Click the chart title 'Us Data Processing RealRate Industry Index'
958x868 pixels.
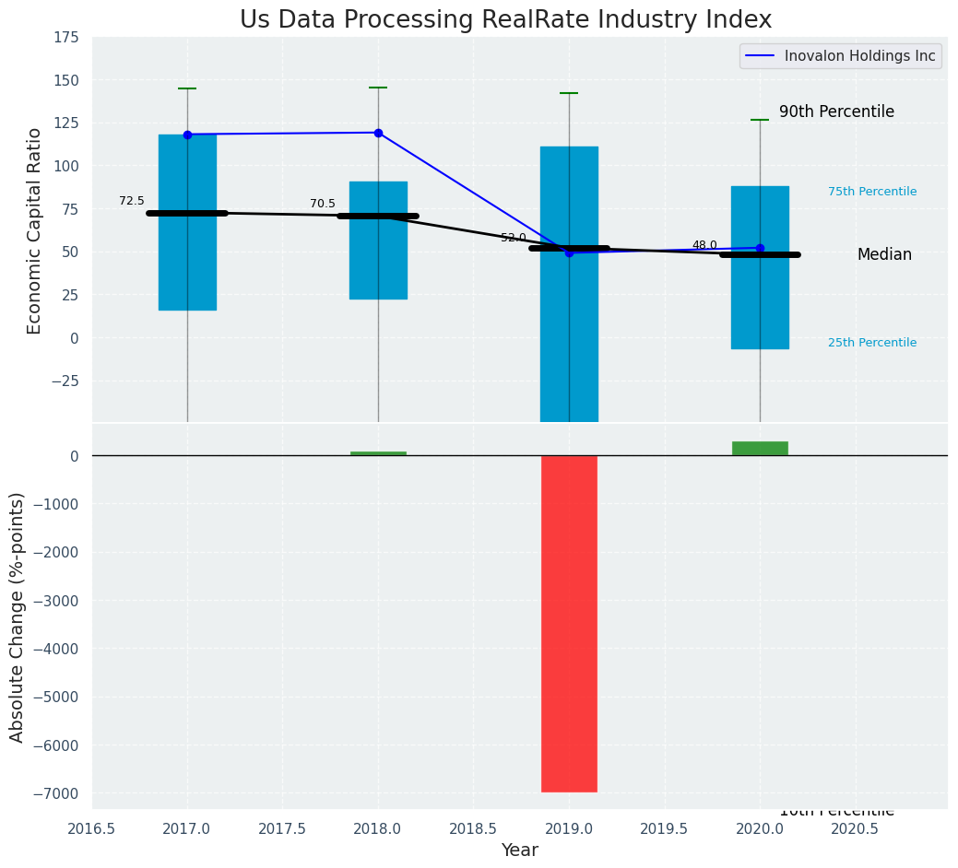[x=505, y=20]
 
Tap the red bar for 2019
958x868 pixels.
[x=569, y=623]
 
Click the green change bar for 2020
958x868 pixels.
[x=760, y=449]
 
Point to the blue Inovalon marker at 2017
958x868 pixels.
[x=187, y=135]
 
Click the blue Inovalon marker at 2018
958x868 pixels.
[x=378, y=133]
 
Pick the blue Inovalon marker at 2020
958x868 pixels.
[x=760, y=248]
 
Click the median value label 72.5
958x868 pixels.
[x=132, y=201]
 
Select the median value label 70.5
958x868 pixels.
[x=323, y=204]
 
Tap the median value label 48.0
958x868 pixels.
[x=704, y=245]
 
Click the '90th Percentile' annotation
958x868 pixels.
[x=836, y=111]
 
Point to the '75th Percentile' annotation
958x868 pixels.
[x=872, y=192]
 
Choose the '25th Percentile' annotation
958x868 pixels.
[x=872, y=343]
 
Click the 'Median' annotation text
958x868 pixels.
[x=884, y=254]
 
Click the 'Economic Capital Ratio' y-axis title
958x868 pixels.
[x=35, y=230]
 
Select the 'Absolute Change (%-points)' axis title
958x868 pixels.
[x=18, y=616]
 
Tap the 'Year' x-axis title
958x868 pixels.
[x=520, y=850]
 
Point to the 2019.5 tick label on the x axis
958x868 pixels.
[x=665, y=828]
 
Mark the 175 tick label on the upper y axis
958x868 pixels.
[x=65, y=38]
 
